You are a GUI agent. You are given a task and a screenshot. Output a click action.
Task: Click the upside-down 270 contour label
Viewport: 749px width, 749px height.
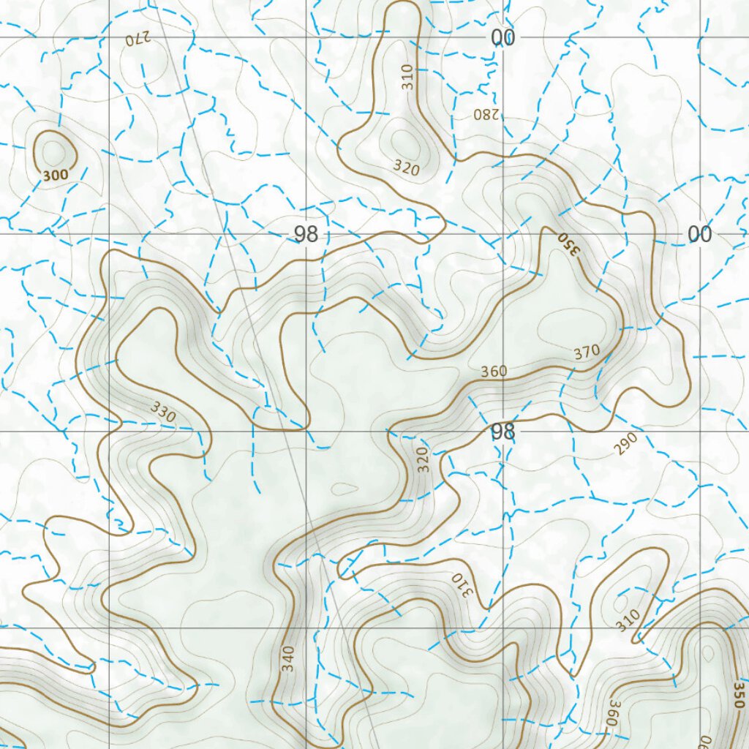tap(138, 40)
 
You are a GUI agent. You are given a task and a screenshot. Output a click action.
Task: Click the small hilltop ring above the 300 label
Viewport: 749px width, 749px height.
tap(53, 152)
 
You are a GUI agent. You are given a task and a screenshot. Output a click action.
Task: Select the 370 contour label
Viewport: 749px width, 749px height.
tap(587, 353)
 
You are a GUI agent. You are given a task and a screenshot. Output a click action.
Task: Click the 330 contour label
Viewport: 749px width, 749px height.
tap(163, 413)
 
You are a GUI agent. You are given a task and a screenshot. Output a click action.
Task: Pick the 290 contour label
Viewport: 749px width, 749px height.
tap(626, 444)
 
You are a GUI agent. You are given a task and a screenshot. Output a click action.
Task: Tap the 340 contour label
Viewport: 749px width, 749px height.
tap(289, 659)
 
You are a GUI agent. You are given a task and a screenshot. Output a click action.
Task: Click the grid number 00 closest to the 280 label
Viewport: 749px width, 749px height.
tap(503, 38)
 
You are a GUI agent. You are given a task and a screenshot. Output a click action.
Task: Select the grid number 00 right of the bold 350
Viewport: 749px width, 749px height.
tap(699, 235)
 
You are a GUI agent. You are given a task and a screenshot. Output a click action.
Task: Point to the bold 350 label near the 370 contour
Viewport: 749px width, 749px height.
tap(568, 244)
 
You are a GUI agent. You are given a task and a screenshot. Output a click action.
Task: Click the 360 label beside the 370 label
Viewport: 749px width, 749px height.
tap(494, 372)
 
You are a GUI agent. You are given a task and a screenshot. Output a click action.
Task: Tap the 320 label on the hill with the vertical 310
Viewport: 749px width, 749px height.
tap(406, 168)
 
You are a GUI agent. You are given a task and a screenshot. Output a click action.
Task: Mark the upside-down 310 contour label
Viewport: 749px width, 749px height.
tap(462, 583)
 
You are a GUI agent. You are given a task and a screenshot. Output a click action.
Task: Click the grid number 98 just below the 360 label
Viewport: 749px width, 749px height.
tap(503, 432)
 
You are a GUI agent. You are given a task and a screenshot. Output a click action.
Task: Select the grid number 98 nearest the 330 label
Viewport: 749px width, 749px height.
tap(306, 235)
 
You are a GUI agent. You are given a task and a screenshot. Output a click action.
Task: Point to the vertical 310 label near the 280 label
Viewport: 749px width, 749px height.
tap(407, 78)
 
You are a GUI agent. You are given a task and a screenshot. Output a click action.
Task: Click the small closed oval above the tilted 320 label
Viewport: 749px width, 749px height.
tap(404, 140)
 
